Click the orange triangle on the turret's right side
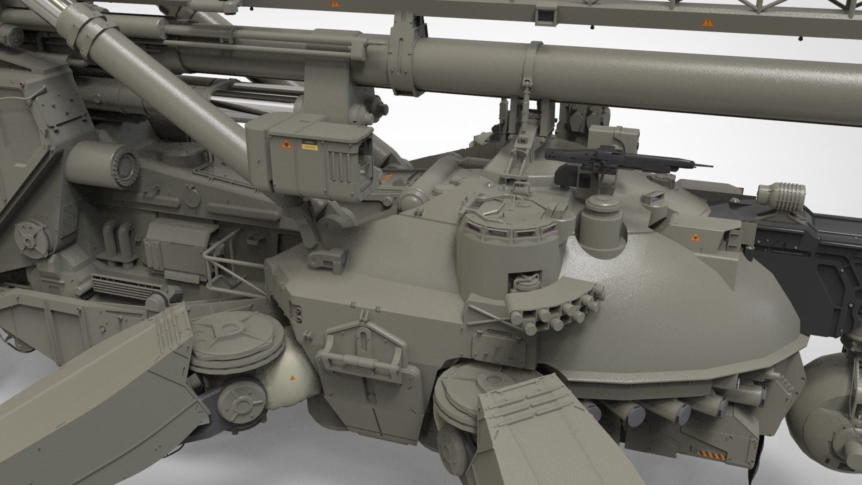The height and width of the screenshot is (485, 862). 695,237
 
